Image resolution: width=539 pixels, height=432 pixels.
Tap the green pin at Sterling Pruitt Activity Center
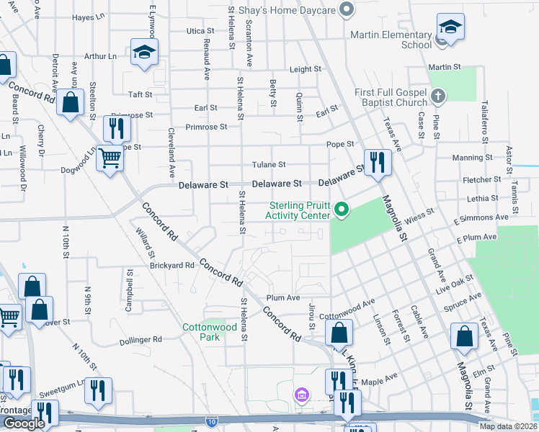coord(342,210)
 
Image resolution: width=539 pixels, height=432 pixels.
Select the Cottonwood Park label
coord(200,332)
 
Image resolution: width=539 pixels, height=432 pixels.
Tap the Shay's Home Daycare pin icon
coord(347,9)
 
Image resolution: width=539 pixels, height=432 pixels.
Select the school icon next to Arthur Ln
coord(144,52)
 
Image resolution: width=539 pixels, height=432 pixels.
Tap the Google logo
coord(24,423)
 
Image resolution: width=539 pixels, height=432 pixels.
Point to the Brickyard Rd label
coord(172,265)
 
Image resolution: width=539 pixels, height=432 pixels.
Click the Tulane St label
coord(269,165)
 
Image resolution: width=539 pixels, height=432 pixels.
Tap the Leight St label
coord(305,69)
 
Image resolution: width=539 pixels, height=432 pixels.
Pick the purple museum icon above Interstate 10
coord(301,395)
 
